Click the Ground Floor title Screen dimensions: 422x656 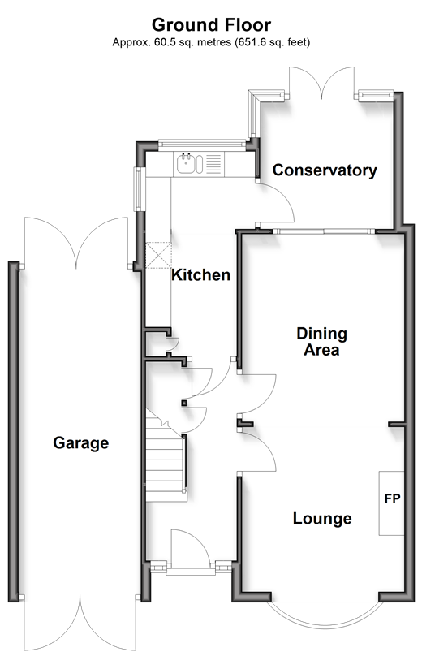[211, 25]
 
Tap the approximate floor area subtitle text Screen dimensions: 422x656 [211, 42]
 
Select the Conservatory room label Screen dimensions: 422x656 [325, 170]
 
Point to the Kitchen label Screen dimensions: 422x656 [200, 275]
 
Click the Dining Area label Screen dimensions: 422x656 [321, 341]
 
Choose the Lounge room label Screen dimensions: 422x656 [322, 518]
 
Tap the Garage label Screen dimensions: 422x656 [80, 442]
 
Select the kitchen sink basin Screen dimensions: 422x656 [185, 163]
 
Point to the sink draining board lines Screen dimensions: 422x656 [213, 163]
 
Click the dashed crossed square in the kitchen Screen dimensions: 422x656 [158, 255]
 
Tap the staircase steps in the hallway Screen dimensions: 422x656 [166, 460]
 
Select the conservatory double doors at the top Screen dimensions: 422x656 [322, 83]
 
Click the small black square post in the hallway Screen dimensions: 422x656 [183, 404]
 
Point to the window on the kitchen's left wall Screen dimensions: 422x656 [139, 189]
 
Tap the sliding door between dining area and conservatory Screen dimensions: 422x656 [324, 231]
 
